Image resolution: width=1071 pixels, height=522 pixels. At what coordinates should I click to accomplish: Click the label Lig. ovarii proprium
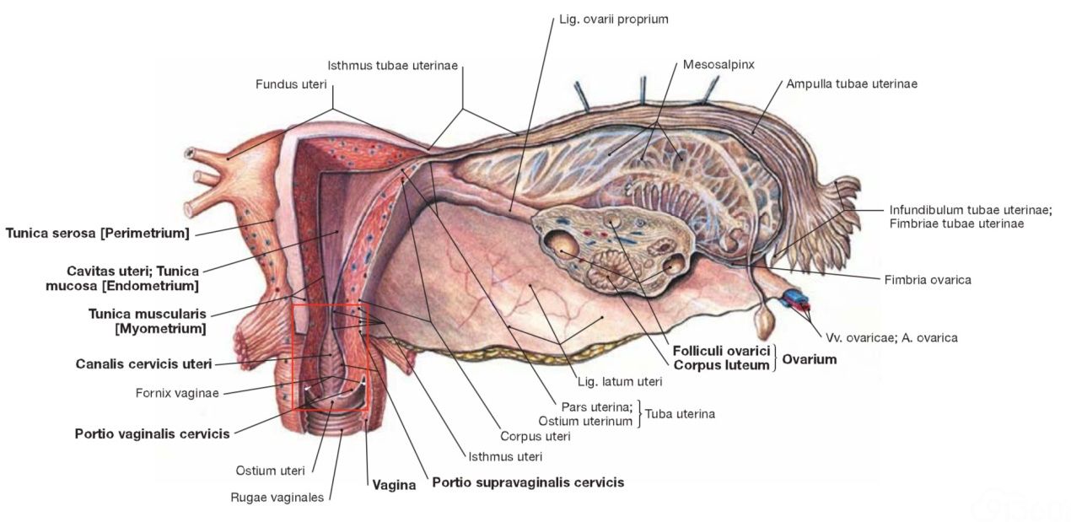pyautogui.click(x=613, y=19)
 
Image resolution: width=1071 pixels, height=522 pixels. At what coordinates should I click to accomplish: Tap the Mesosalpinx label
pyautogui.click(x=718, y=65)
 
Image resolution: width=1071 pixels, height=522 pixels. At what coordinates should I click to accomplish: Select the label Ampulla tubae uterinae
pyautogui.click(x=852, y=83)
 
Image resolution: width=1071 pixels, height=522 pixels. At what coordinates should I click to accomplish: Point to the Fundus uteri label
pyautogui.click(x=291, y=84)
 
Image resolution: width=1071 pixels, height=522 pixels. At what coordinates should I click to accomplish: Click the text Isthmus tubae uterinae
pyautogui.click(x=392, y=66)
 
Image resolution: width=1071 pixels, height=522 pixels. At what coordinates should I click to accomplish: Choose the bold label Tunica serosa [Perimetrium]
pyautogui.click(x=98, y=234)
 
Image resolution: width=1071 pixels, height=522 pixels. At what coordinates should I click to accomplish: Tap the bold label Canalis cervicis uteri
pyautogui.click(x=143, y=363)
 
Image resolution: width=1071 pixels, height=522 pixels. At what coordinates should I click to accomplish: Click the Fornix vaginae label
pyautogui.click(x=177, y=393)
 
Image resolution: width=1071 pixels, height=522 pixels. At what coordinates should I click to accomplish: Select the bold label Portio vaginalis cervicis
pyautogui.click(x=152, y=433)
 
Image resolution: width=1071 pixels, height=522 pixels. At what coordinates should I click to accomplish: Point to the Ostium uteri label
pyautogui.click(x=270, y=471)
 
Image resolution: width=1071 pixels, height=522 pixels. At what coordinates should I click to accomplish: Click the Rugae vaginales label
pyautogui.click(x=277, y=498)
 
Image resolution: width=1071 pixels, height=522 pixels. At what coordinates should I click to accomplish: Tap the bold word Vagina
pyautogui.click(x=394, y=485)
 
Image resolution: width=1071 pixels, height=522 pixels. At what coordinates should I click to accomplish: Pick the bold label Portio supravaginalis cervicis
pyautogui.click(x=528, y=482)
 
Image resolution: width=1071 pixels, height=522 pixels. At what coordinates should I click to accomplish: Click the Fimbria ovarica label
pyautogui.click(x=928, y=280)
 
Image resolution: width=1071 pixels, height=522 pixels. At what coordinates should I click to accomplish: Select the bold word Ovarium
pyautogui.click(x=809, y=359)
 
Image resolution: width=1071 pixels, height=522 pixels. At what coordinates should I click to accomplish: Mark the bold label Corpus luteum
pyautogui.click(x=721, y=365)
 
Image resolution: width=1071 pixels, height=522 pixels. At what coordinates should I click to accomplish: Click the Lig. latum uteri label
pyautogui.click(x=620, y=381)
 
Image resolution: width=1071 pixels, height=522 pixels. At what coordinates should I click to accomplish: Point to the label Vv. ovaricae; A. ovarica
pyautogui.click(x=891, y=338)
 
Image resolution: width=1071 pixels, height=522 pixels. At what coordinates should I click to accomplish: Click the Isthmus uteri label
pyautogui.click(x=505, y=456)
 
